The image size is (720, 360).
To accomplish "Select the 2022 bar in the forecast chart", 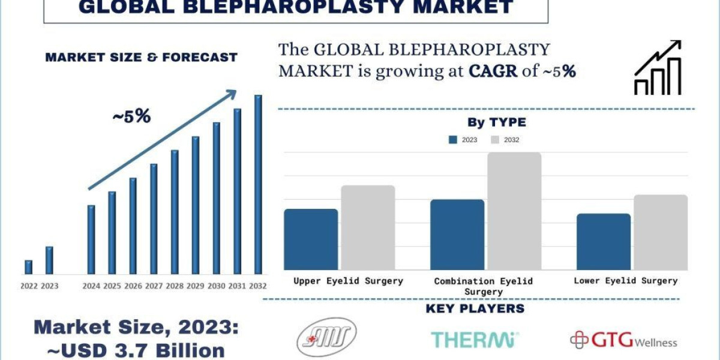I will tap(28, 267).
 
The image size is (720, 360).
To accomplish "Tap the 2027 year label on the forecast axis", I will tap(154, 286).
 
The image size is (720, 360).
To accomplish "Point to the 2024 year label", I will tap(91, 286).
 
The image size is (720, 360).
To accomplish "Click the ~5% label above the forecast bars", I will tap(131, 116).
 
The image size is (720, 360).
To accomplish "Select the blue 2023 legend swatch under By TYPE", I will tap(453, 140).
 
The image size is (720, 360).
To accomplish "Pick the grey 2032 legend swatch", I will tap(495, 140).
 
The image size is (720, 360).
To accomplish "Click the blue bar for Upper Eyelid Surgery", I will tap(311, 239).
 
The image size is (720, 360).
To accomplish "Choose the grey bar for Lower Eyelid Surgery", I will tap(661, 232).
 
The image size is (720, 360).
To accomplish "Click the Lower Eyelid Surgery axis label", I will tap(625, 280).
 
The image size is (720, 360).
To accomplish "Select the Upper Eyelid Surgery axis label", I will tap(348, 280).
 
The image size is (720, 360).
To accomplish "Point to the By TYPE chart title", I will tap(497, 122).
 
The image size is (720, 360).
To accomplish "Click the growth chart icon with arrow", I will tap(658, 68).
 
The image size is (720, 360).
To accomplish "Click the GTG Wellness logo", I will tap(623, 341).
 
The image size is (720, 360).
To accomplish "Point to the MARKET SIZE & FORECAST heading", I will tap(142, 58).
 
